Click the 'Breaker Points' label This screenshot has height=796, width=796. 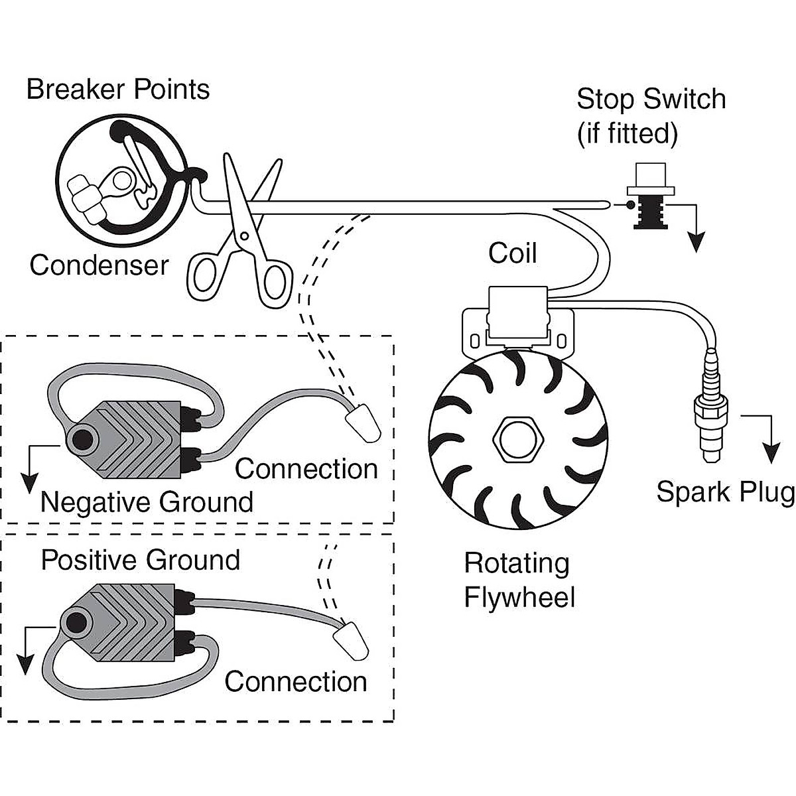pyautogui.click(x=118, y=90)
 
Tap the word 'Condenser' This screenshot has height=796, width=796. pyautogui.click(x=99, y=265)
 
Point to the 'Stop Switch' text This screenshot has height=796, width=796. pyautogui.click(x=651, y=99)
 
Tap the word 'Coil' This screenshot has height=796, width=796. pyautogui.click(x=512, y=253)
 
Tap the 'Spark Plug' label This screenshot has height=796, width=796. pyautogui.click(x=724, y=492)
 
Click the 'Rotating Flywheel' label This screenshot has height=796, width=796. pyautogui.click(x=517, y=580)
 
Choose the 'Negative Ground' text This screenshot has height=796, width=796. pyautogui.click(x=147, y=502)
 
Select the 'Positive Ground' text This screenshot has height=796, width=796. pyautogui.click(x=141, y=561)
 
